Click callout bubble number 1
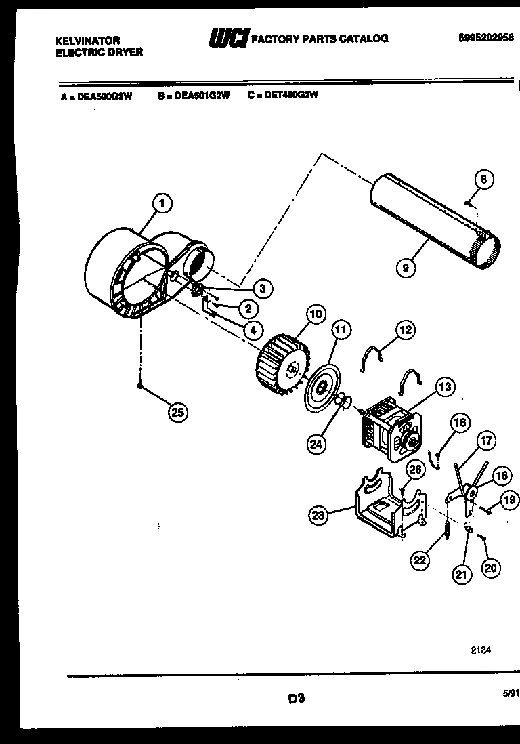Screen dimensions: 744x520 pyautogui.click(x=161, y=202)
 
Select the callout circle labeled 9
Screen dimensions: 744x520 pyautogui.click(x=405, y=268)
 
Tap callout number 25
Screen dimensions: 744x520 pyautogui.click(x=177, y=411)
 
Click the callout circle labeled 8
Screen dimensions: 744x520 pyautogui.click(x=483, y=180)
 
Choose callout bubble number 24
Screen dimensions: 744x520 pyautogui.click(x=316, y=445)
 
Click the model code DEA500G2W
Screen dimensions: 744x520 pyautogui.click(x=104, y=96)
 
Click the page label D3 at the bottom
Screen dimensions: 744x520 pyautogui.click(x=297, y=698)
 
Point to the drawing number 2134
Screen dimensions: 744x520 pyautogui.click(x=481, y=649)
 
